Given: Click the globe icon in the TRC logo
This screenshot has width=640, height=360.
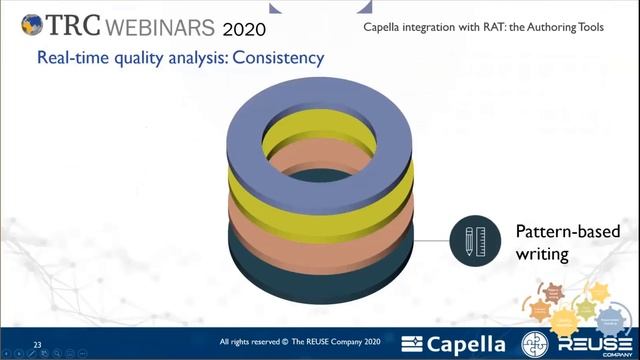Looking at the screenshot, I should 31,23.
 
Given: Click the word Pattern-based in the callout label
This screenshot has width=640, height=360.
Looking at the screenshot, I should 567,232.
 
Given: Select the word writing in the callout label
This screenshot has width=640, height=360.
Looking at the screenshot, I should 541,255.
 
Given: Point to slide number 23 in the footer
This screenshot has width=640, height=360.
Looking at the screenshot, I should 38,340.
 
